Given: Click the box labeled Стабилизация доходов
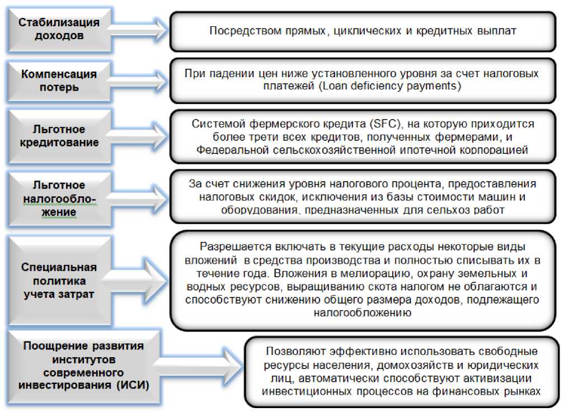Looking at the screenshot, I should (x=58, y=29).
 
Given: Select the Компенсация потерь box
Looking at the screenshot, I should (x=58, y=81).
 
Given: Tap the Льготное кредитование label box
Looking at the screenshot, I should (x=58, y=136).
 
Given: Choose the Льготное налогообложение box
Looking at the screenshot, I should (x=58, y=198).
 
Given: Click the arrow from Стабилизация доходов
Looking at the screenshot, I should (x=137, y=29).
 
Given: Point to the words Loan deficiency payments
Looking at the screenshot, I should (x=384, y=87).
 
